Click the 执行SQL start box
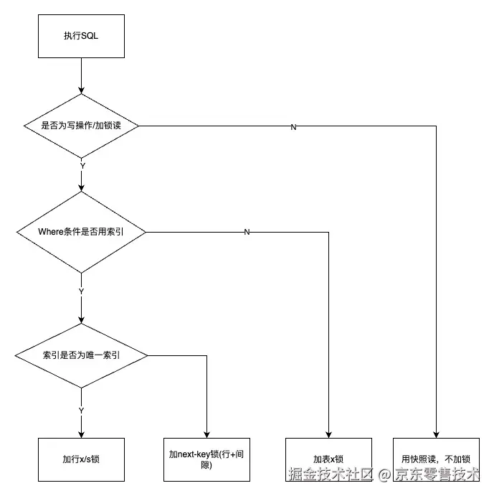click(x=81, y=37)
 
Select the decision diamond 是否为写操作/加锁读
click(x=81, y=126)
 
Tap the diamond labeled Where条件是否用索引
click(x=81, y=232)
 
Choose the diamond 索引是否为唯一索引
click(x=81, y=355)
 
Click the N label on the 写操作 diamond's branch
click(x=293, y=127)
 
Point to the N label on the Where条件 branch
click(x=247, y=233)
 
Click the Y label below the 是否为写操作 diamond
click(x=82, y=166)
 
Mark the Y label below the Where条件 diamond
click(x=81, y=292)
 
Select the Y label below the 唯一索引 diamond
click(x=81, y=411)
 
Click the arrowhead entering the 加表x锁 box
click(x=328, y=434)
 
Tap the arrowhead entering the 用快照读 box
click(x=436, y=434)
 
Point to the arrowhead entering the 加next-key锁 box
click(x=206, y=434)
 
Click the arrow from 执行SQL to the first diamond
click(x=81, y=75)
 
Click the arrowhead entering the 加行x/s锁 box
click(x=81, y=434)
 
